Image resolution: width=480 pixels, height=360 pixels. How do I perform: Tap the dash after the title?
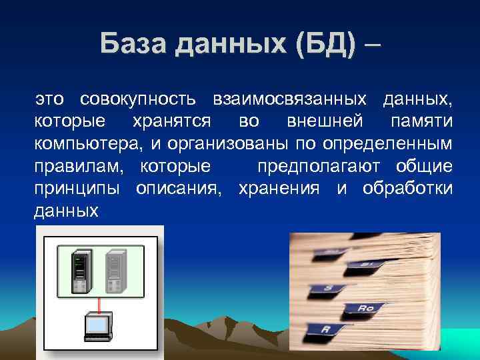point(374,45)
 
